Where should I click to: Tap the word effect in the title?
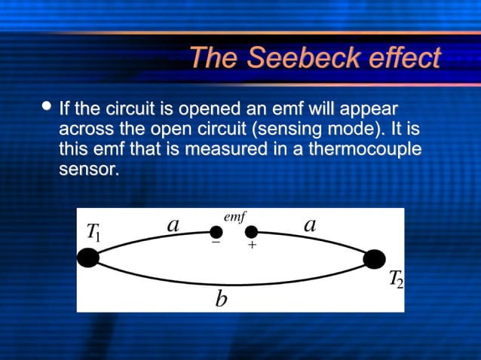click(x=403, y=58)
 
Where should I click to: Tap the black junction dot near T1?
click(x=88, y=258)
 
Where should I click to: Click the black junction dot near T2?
click(x=374, y=259)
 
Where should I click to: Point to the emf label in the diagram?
click(x=234, y=217)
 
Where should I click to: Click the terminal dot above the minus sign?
click(x=216, y=231)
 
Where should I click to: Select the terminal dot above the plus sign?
click(x=251, y=231)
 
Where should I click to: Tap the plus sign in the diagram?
click(x=252, y=246)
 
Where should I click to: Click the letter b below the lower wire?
click(x=221, y=300)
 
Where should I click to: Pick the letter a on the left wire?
click(x=173, y=224)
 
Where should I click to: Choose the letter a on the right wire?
click(x=309, y=224)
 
